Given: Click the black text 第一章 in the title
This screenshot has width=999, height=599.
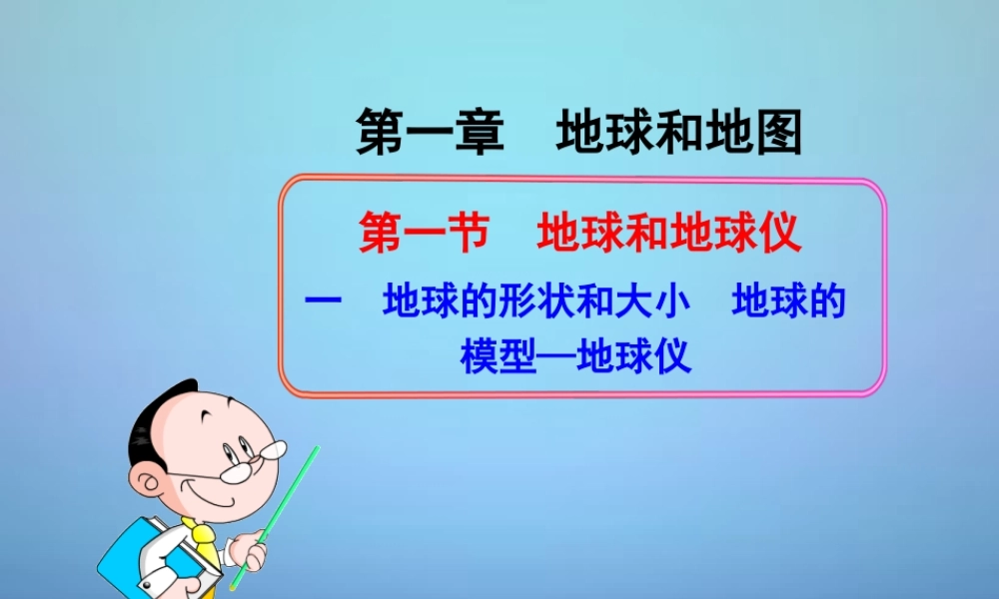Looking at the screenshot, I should [x=430, y=133].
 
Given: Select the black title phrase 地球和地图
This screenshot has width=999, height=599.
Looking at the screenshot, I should [x=679, y=133].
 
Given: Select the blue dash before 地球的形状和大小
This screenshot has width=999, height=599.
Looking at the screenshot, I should [x=324, y=302].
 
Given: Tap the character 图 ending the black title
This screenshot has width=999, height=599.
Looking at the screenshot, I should [x=779, y=133].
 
